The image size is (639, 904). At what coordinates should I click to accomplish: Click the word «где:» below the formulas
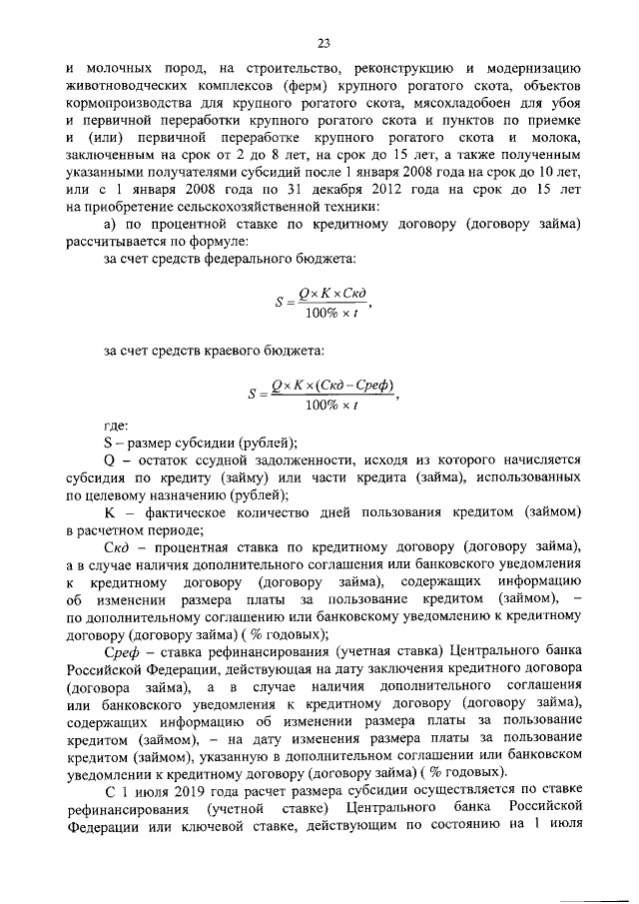coord(117,428)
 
